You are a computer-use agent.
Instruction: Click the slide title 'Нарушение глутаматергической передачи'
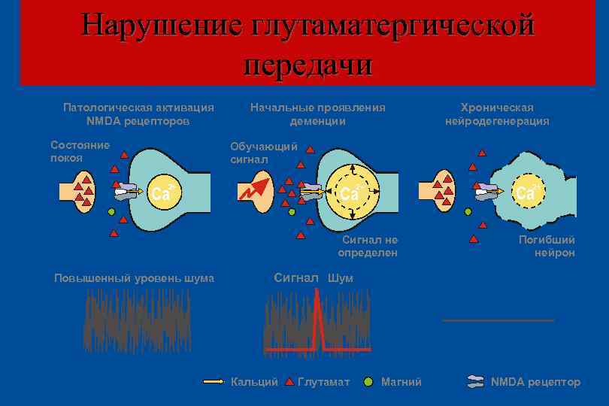point(308,44)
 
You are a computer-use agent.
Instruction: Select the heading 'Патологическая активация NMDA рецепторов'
point(138,114)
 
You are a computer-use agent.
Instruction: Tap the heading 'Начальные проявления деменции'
point(317,114)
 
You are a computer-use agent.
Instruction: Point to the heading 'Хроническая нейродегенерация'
point(497,114)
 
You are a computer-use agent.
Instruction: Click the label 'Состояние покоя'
point(79,150)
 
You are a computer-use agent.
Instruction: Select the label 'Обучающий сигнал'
point(263,152)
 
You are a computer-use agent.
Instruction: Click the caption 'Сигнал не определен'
point(368,246)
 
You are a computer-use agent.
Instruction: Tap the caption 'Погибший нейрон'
point(547,246)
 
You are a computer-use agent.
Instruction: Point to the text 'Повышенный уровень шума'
point(135,278)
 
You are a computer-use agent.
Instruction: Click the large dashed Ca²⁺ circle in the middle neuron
point(351,192)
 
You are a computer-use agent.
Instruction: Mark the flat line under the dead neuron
point(498,320)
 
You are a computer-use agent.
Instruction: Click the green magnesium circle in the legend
point(368,382)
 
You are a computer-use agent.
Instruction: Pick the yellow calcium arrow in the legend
point(214,382)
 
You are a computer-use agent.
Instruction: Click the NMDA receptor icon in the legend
point(474,382)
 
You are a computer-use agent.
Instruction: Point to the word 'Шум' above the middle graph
point(340,278)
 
